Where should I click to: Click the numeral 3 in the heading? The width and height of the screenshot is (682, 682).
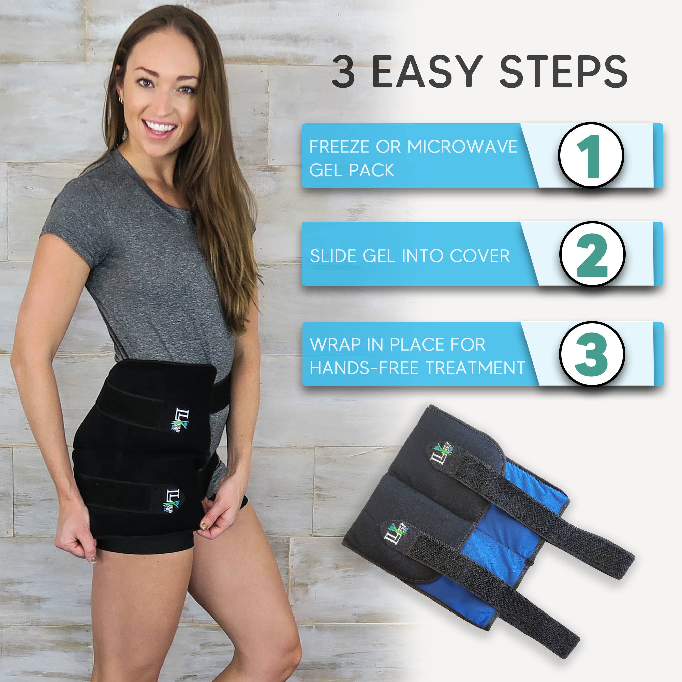click(x=343, y=72)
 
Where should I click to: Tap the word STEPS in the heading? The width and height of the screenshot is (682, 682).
click(x=563, y=72)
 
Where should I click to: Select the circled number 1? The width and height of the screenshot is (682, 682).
click(x=591, y=155)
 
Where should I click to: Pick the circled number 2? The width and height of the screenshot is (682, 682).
click(x=592, y=254)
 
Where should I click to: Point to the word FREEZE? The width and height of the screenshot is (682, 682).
click(x=339, y=147)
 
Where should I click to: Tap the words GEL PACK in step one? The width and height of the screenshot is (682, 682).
click(x=352, y=170)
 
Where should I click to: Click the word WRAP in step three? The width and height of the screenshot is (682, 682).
click(x=335, y=344)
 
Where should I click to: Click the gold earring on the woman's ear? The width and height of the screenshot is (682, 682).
click(x=121, y=101)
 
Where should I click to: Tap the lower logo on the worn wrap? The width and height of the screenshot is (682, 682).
click(x=173, y=502)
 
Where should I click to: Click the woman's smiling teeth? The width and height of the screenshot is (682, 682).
click(x=160, y=126)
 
